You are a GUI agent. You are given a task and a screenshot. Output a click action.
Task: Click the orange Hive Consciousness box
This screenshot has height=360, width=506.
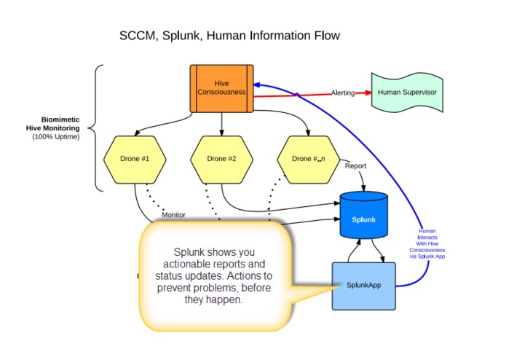pos(222,88)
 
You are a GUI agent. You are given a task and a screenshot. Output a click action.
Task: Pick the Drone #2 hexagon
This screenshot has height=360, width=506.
pos(221,158)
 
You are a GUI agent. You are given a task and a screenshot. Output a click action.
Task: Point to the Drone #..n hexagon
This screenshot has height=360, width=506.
pos(309,158)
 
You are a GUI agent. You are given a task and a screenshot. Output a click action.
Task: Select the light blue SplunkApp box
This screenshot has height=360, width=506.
pos(363,285)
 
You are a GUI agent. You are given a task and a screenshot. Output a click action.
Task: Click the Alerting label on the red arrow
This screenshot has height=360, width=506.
pos(344,93)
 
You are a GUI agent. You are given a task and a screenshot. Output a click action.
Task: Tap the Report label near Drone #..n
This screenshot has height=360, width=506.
pos(355,165)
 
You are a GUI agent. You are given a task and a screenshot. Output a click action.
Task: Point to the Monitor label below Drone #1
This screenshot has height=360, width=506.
pos(173,215)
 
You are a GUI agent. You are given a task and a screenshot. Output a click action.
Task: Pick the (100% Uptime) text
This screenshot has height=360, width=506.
pos(56,136)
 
